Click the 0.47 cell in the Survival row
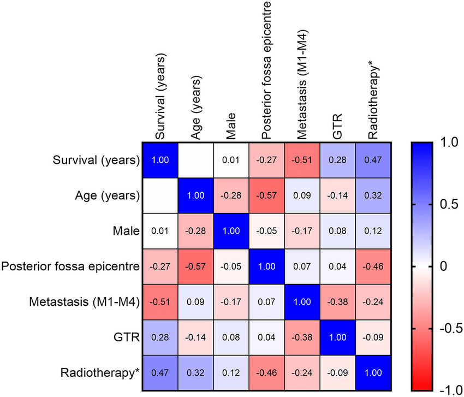tap(373, 161)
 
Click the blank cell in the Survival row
tap(196, 161)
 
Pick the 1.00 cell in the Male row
tap(231, 232)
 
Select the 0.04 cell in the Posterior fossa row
tap(338, 267)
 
